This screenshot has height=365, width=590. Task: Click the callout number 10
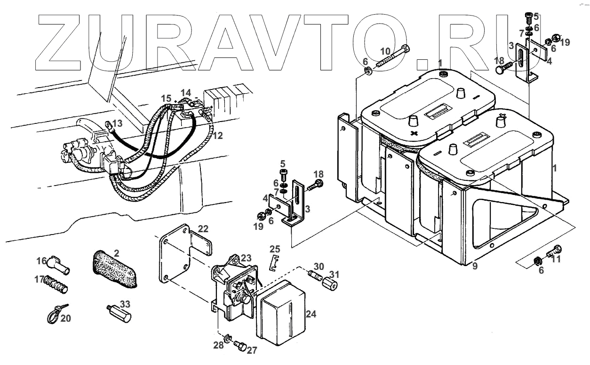click(385, 50)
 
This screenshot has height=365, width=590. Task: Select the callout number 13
click(117, 123)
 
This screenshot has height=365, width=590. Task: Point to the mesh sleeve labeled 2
click(115, 269)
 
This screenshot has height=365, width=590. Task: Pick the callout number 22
click(203, 229)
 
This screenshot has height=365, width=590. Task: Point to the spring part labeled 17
click(56, 284)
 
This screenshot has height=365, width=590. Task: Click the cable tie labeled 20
click(54, 313)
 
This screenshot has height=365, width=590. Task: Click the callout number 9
click(475, 266)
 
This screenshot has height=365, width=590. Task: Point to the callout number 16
click(41, 260)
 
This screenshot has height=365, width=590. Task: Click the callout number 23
click(246, 258)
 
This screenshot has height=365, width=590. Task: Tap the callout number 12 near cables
click(217, 136)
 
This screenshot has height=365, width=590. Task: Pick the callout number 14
click(186, 92)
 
